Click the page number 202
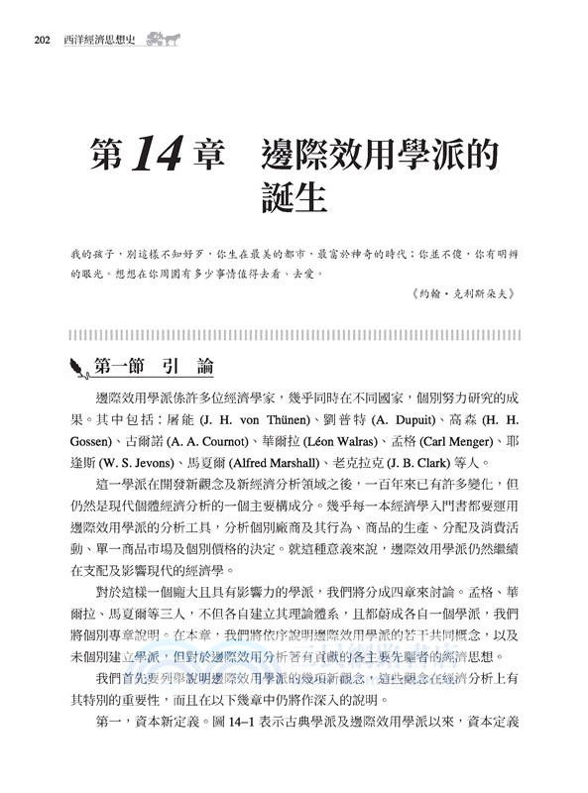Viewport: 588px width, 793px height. click(x=41, y=41)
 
